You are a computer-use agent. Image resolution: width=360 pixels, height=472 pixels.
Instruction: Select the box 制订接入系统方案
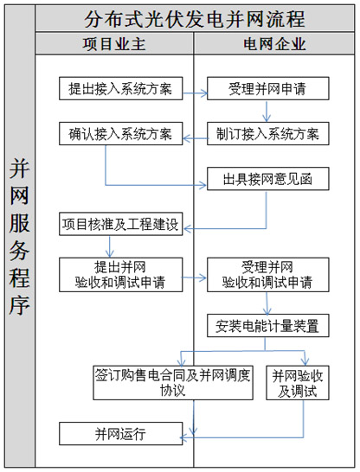(x=267, y=134)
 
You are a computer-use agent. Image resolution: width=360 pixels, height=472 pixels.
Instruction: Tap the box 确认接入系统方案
(x=120, y=134)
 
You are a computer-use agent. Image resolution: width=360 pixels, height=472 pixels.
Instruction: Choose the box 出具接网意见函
(x=267, y=179)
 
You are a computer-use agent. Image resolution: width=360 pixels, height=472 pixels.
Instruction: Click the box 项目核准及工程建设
(x=120, y=225)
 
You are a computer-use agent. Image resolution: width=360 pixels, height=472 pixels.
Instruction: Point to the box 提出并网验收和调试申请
(x=120, y=274)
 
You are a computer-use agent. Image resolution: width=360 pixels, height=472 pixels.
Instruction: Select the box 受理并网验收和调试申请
(x=267, y=274)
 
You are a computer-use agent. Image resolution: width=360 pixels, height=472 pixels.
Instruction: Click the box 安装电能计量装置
(x=267, y=326)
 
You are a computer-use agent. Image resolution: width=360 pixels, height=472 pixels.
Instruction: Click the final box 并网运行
(x=120, y=432)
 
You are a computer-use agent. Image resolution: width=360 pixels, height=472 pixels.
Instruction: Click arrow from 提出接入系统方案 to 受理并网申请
(x=195, y=88)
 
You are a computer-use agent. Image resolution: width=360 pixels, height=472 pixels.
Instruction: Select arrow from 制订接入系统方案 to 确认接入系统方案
(x=195, y=134)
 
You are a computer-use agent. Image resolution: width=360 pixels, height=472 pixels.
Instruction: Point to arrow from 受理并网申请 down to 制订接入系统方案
(x=267, y=112)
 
